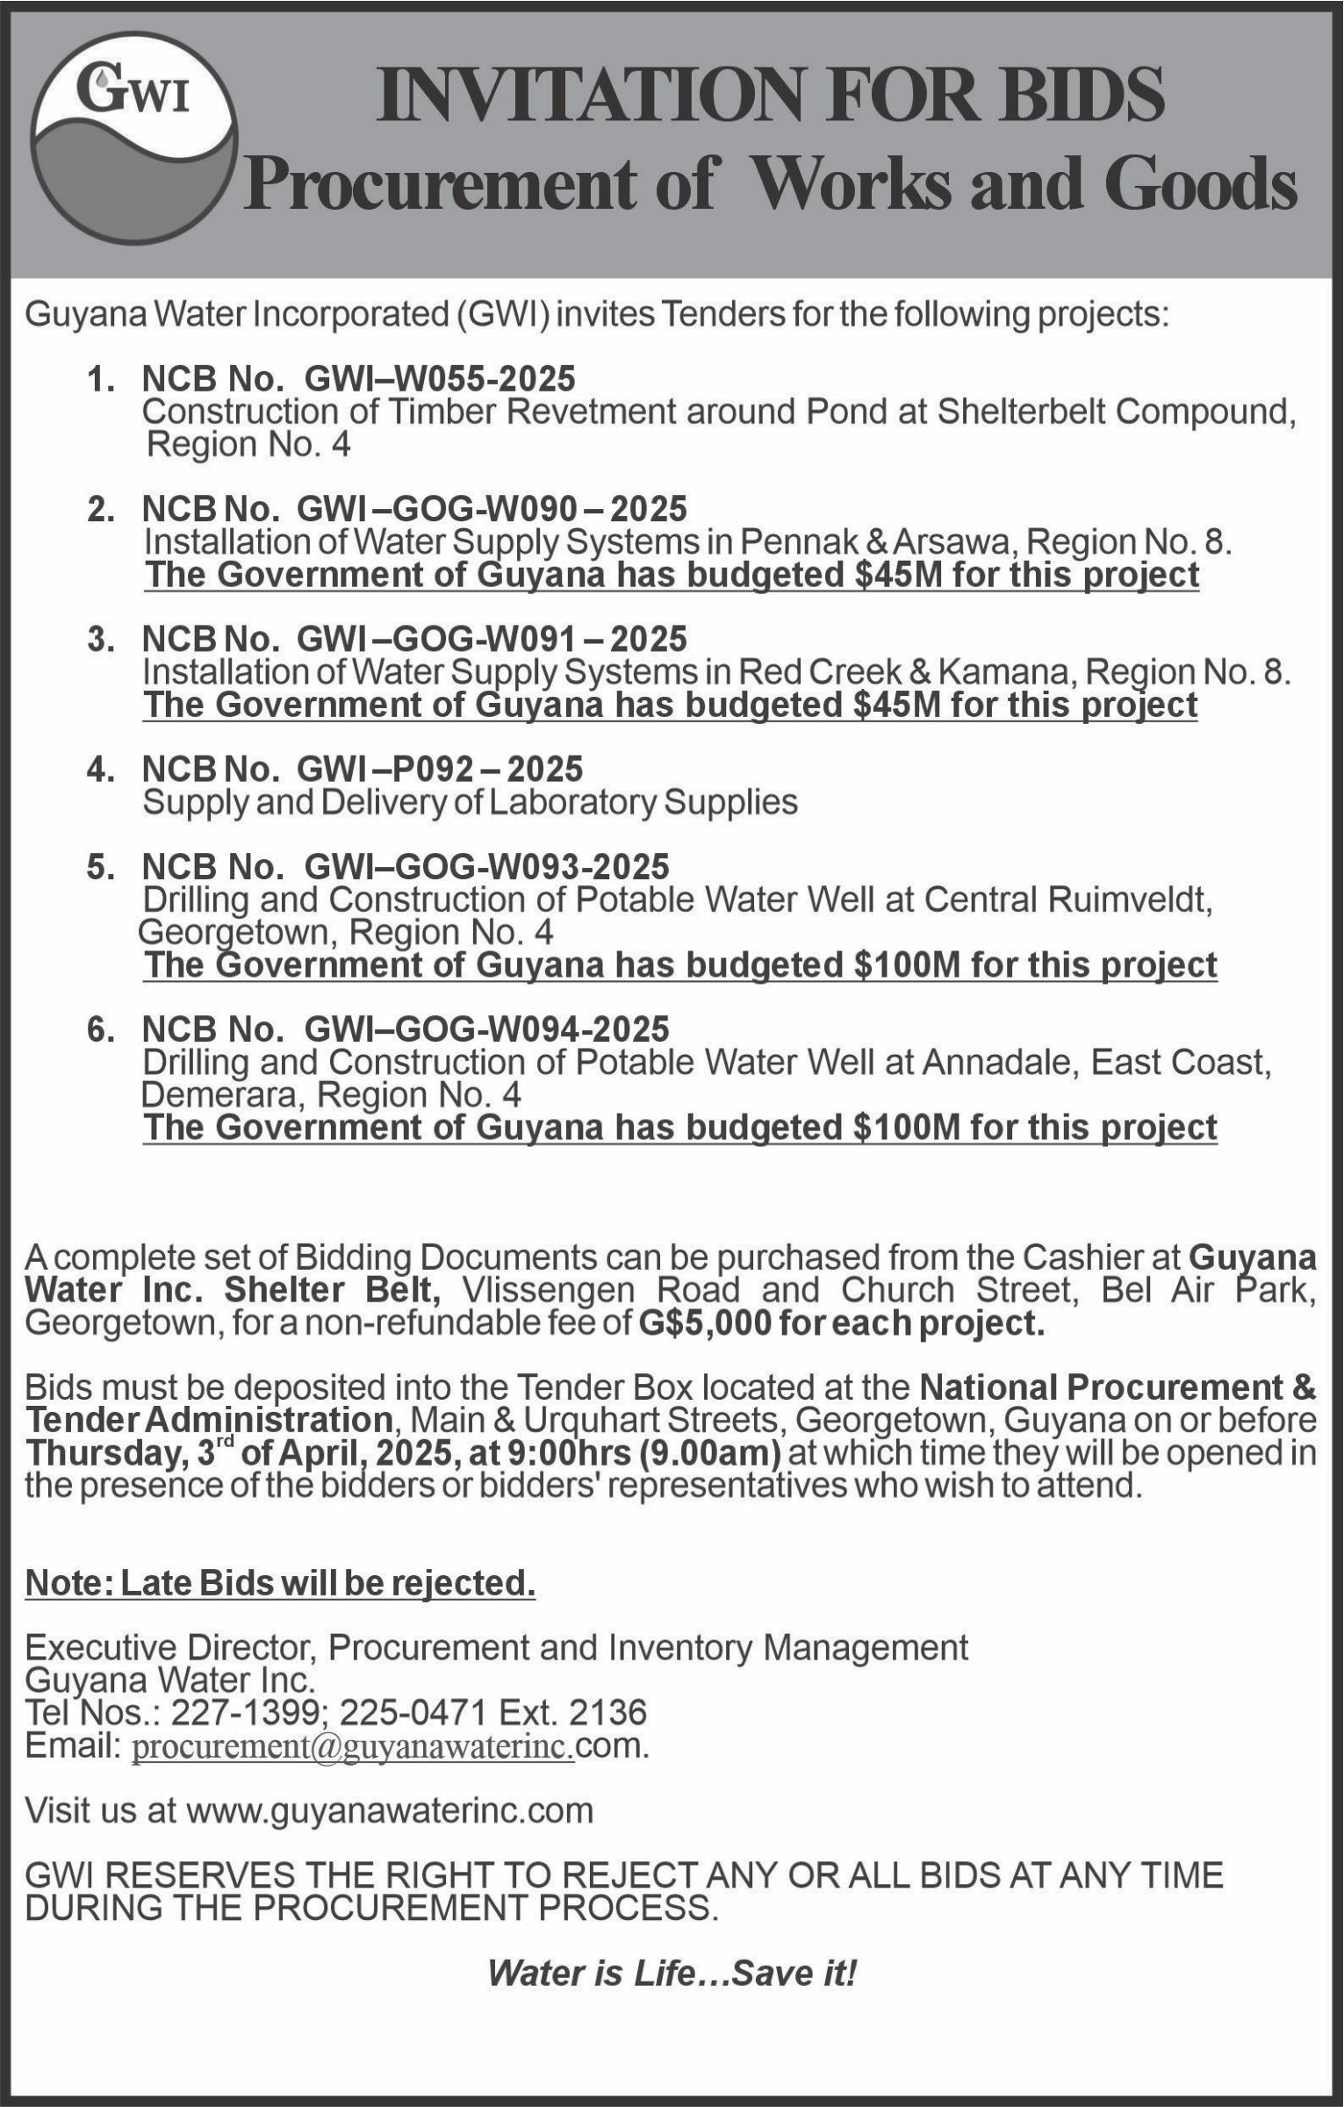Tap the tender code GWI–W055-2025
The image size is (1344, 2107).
point(439,379)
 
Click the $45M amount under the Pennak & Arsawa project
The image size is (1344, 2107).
point(898,576)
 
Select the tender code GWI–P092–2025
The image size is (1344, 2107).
point(439,770)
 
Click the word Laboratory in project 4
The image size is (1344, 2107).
point(572,802)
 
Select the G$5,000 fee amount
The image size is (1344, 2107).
point(703,1323)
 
